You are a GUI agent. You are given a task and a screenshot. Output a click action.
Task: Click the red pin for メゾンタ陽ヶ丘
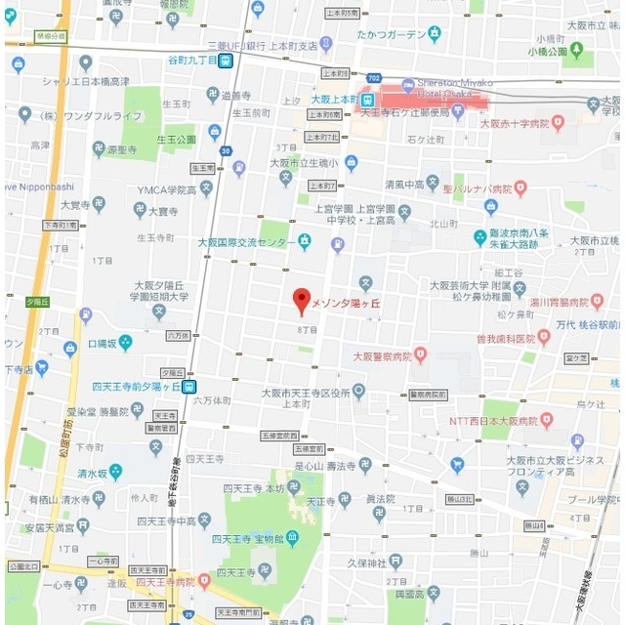[x=302, y=299]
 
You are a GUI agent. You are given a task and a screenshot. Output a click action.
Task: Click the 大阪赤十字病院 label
[x=519, y=123]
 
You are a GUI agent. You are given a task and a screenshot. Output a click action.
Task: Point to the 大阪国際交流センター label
[x=246, y=241]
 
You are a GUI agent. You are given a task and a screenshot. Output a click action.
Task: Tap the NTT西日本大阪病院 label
[x=492, y=421]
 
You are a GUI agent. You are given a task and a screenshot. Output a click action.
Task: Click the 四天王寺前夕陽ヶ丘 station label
[x=137, y=386]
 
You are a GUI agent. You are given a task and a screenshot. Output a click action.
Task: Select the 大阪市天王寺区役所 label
[x=305, y=392]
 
